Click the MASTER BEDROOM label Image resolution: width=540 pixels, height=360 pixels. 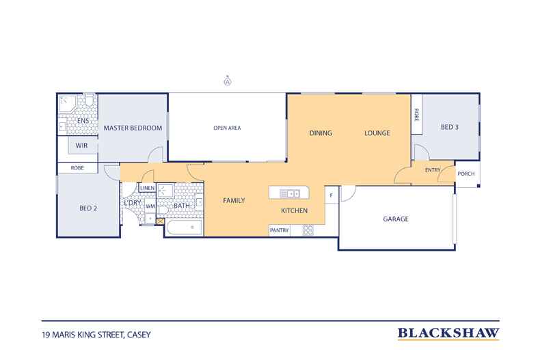(x=133, y=128)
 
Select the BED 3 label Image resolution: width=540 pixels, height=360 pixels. (x=449, y=128)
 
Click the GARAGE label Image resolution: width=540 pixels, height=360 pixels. (x=395, y=219)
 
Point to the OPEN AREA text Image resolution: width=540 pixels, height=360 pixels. (x=227, y=128)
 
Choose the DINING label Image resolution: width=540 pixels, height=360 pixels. (x=321, y=133)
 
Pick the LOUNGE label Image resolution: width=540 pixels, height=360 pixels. (x=377, y=133)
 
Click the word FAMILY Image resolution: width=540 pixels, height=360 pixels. (x=234, y=200)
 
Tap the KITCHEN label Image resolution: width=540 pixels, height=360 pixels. (x=295, y=211)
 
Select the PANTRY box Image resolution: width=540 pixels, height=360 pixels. (x=280, y=230)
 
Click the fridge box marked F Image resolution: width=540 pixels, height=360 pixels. (x=332, y=195)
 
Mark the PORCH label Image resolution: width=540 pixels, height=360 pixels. (x=466, y=174)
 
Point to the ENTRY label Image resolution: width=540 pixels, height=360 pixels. (x=433, y=170)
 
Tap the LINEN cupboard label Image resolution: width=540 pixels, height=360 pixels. (x=148, y=188)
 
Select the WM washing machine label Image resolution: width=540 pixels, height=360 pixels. (x=150, y=206)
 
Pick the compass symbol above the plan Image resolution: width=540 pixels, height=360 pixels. (x=226, y=81)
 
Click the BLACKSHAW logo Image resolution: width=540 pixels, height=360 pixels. (x=448, y=334)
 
